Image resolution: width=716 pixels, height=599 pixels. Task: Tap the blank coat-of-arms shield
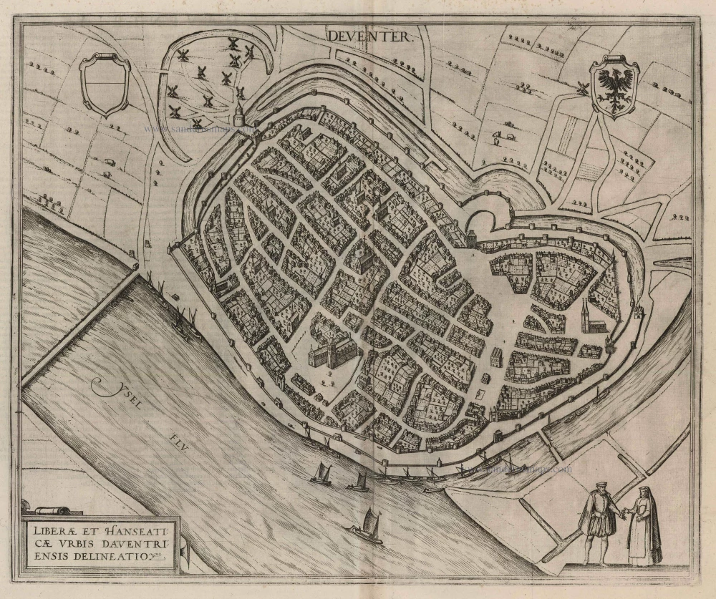pos(106,85)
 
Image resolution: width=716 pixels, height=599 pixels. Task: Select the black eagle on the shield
pos(615,87)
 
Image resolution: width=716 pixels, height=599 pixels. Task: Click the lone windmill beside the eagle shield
pos(581,89)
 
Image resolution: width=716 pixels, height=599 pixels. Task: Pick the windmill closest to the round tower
pos(241,92)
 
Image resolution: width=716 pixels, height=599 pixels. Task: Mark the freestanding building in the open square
pos(496,356)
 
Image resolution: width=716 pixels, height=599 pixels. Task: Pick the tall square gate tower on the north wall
pos(472,236)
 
